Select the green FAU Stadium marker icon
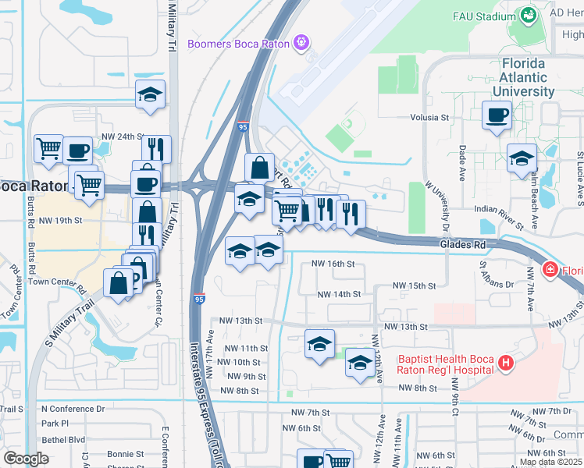click(529, 15)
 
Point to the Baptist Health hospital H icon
click(506, 363)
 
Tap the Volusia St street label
click(431, 118)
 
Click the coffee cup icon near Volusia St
click(497, 116)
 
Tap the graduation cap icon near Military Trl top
click(150, 95)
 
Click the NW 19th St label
click(62, 220)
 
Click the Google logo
click(26, 459)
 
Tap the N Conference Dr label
click(71, 409)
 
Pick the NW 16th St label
click(333, 264)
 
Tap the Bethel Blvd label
click(63, 439)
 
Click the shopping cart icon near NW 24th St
click(48, 147)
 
